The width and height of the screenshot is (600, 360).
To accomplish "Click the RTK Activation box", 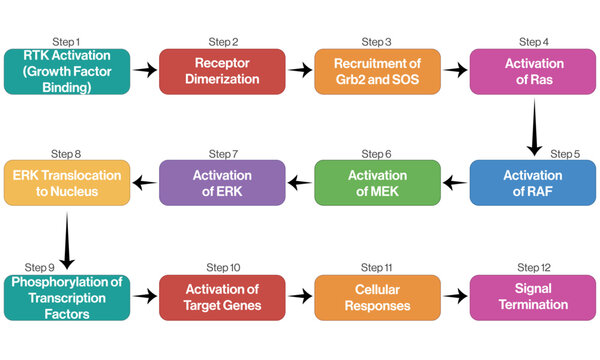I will point(66,70).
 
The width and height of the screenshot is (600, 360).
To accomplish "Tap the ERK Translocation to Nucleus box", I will point(66,183).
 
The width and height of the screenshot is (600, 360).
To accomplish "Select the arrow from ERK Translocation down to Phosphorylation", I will point(66,240).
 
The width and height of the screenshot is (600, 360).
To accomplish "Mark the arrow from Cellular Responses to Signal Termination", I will point(456,297).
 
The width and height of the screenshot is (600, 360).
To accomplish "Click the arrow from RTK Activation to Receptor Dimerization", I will point(145,70).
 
